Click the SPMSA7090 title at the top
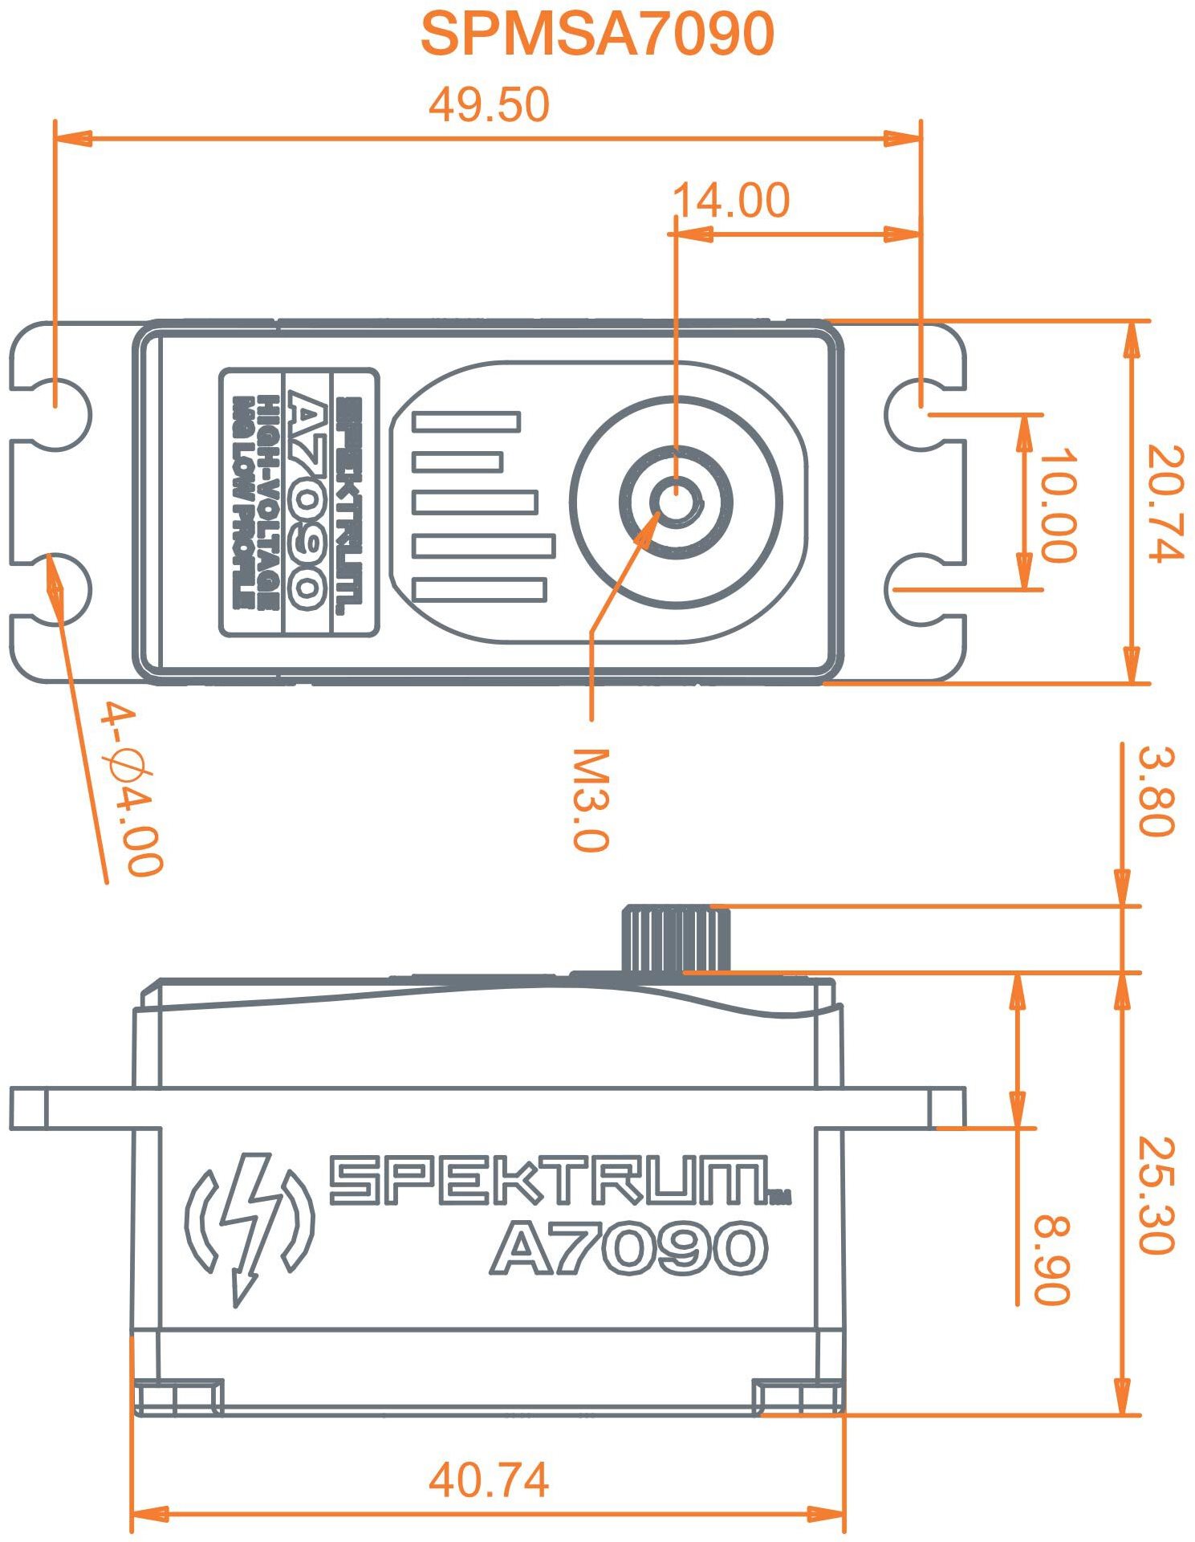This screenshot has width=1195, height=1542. pos(597,34)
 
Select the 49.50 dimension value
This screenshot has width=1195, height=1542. pos(489,105)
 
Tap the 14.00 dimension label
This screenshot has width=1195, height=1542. pos(730,200)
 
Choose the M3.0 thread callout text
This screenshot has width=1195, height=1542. pos(591,799)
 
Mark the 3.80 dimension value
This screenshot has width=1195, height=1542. pos(1156,791)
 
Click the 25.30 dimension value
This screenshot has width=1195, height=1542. pos(1156,1196)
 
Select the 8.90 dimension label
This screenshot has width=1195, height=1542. pos(1051,1260)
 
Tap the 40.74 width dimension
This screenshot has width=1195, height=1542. pos(489,1479)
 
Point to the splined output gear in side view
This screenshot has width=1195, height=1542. pos(676,939)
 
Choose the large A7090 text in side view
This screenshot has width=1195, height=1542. pos(628,1248)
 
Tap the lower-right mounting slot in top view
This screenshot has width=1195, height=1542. pos(921,589)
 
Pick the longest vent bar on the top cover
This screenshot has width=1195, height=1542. pos(484,546)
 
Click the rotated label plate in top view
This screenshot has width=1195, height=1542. pos(299,502)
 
